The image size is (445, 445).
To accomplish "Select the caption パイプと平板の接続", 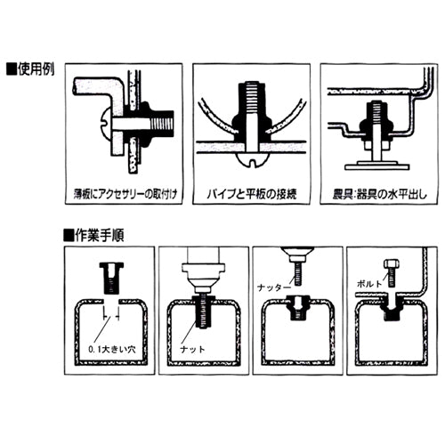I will coord(252,191).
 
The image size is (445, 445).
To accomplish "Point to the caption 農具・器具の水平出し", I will coord(380,191).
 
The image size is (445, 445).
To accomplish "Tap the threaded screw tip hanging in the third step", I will coord(296,272).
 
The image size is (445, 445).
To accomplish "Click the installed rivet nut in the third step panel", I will coord(296,304).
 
